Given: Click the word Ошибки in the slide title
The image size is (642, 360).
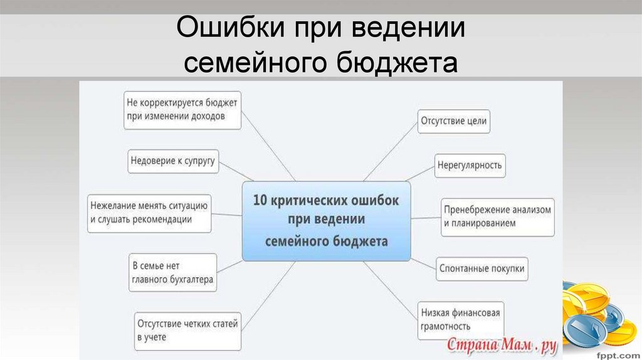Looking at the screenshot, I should pyautogui.click(x=220, y=30).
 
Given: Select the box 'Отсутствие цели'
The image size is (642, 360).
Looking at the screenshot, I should pyautogui.click(x=454, y=120).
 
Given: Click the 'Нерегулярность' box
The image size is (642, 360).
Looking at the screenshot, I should pyautogui.click(x=470, y=165).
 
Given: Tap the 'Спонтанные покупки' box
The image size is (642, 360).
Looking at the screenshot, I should pyautogui.click(x=481, y=268).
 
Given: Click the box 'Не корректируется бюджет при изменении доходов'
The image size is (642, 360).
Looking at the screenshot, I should pyautogui.click(x=182, y=110).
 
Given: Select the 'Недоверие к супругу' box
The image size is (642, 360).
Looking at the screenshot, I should pyautogui.click(x=172, y=161).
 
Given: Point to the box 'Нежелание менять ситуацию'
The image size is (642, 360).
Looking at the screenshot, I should pyautogui.click(x=149, y=213).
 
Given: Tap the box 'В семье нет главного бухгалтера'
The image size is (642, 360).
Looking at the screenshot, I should pyautogui.click(x=172, y=272).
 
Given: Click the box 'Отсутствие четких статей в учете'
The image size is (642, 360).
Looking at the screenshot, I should pyautogui.click(x=187, y=331).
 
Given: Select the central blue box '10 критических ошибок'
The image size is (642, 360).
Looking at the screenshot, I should pyautogui.click(x=326, y=221).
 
